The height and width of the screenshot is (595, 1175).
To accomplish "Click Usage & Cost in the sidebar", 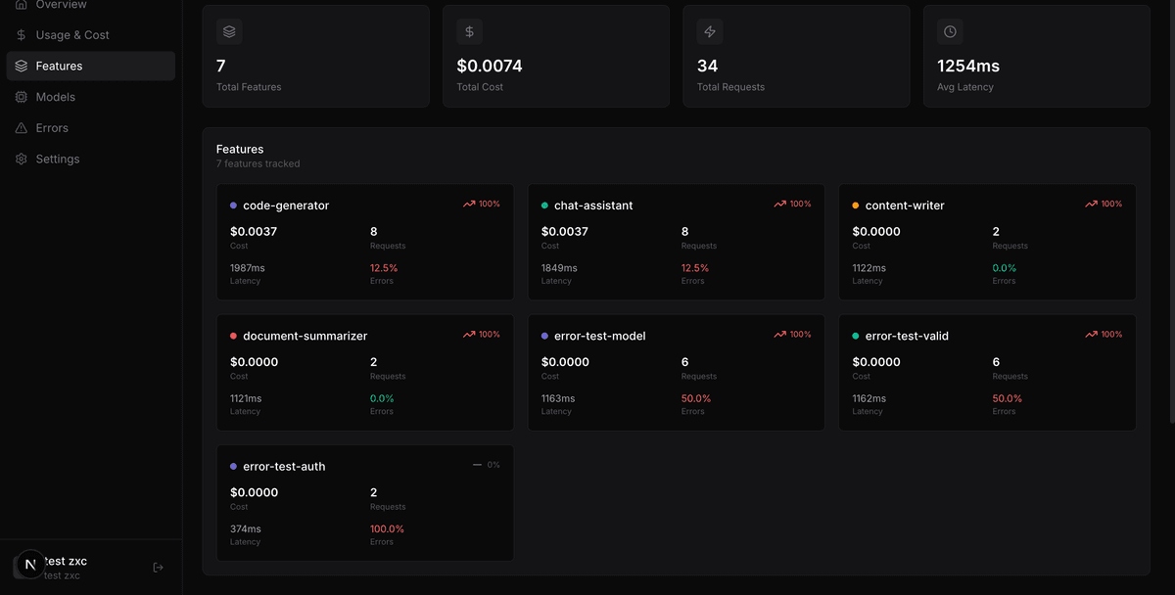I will pyautogui.click(x=71, y=35).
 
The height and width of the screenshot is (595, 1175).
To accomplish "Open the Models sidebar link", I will pyautogui.click(x=55, y=97).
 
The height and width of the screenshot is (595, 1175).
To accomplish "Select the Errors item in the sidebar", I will pyautogui.click(x=52, y=128).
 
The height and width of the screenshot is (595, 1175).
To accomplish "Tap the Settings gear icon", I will pyautogui.click(x=22, y=159).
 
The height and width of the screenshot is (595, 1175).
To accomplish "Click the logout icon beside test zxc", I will pyautogui.click(x=159, y=567).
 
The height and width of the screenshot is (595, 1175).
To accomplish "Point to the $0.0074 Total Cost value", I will pyautogui.click(x=490, y=67).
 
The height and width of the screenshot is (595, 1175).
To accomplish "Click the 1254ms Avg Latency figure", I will pyautogui.click(x=968, y=67).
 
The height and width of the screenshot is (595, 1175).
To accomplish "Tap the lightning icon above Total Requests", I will pyautogui.click(x=710, y=31).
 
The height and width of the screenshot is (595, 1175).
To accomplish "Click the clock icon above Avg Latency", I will pyautogui.click(x=950, y=31).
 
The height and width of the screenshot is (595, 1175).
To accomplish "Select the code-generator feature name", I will pyautogui.click(x=286, y=206).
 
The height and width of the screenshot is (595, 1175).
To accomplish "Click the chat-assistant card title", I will pyautogui.click(x=593, y=206).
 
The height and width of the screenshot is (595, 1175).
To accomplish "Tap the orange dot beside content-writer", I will pyautogui.click(x=856, y=206).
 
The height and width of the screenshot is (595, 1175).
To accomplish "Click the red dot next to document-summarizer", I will pyautogui.click(x=233, y=336).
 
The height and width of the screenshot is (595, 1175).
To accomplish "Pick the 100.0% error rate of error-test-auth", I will pyautogui.click(x=387, y=529).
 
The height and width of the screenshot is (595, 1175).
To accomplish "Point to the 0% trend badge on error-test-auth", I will pyautogui.click(x=487, y=465).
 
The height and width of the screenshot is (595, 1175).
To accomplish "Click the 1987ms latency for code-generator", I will pyautogui.click(x=248, y=268).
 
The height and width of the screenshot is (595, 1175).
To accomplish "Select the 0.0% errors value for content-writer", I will pyautogui.click(x=1005, y=268).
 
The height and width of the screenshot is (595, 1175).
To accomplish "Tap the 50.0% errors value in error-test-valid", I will pyautogui.click(x=1008, y=398).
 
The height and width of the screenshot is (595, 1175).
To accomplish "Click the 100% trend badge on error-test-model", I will pyautogui.click(x=793, y=335).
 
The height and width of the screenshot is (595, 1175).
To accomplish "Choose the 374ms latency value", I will pyautogui.click(x=246, y=529).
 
